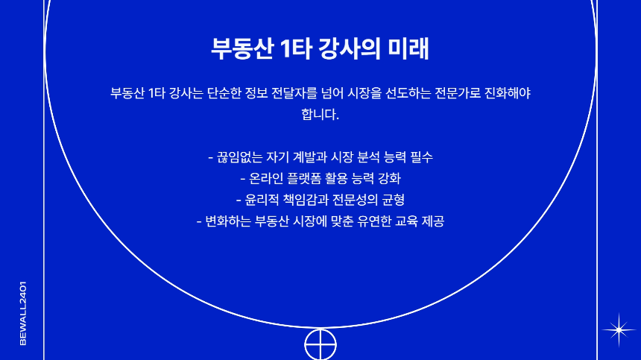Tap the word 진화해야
[519, 93]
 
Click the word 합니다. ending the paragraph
[320, 115]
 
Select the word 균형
[391, 200]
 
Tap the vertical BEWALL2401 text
[23, 312]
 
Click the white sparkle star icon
[616, 328]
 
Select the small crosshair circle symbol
[320, 344]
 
